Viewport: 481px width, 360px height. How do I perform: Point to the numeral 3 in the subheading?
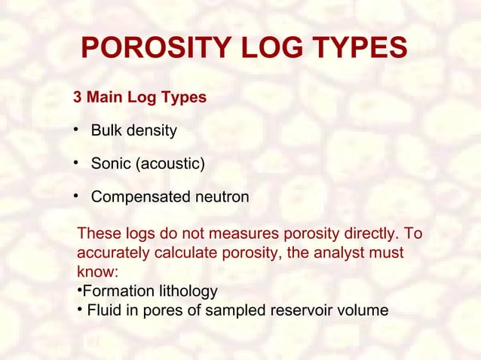(x=76, y=98)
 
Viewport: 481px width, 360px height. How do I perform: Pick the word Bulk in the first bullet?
(x=106, y=131)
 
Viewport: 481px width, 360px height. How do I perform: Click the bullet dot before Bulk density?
(x=76, y=130)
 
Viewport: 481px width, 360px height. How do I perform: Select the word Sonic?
(x=110, y=163)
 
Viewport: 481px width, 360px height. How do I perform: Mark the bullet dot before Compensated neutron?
(x=76, y=196)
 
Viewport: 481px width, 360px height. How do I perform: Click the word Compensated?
(x=138, y=197)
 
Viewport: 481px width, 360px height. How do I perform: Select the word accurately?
(x=112, y=253)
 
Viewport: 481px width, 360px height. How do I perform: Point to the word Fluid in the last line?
(x=104, y=310)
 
